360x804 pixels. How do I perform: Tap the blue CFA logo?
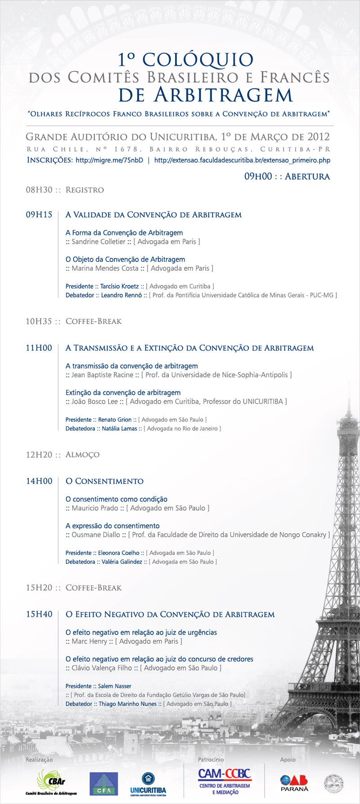103,784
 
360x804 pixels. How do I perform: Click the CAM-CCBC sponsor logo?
225,781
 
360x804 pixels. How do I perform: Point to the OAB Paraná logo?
294,783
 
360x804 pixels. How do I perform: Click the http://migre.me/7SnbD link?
109,160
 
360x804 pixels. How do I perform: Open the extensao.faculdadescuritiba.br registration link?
242,160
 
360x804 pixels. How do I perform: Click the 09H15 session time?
39,215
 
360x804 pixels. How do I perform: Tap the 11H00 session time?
39,348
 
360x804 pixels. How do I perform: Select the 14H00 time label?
39,481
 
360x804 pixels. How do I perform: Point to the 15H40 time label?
39,614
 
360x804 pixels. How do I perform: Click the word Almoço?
82,454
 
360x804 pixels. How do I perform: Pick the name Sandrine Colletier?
99,242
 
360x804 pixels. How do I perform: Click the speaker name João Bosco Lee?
94,401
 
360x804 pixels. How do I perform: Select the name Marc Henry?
90,641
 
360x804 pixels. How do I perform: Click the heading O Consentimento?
104,481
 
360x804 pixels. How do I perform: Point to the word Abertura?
307,176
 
